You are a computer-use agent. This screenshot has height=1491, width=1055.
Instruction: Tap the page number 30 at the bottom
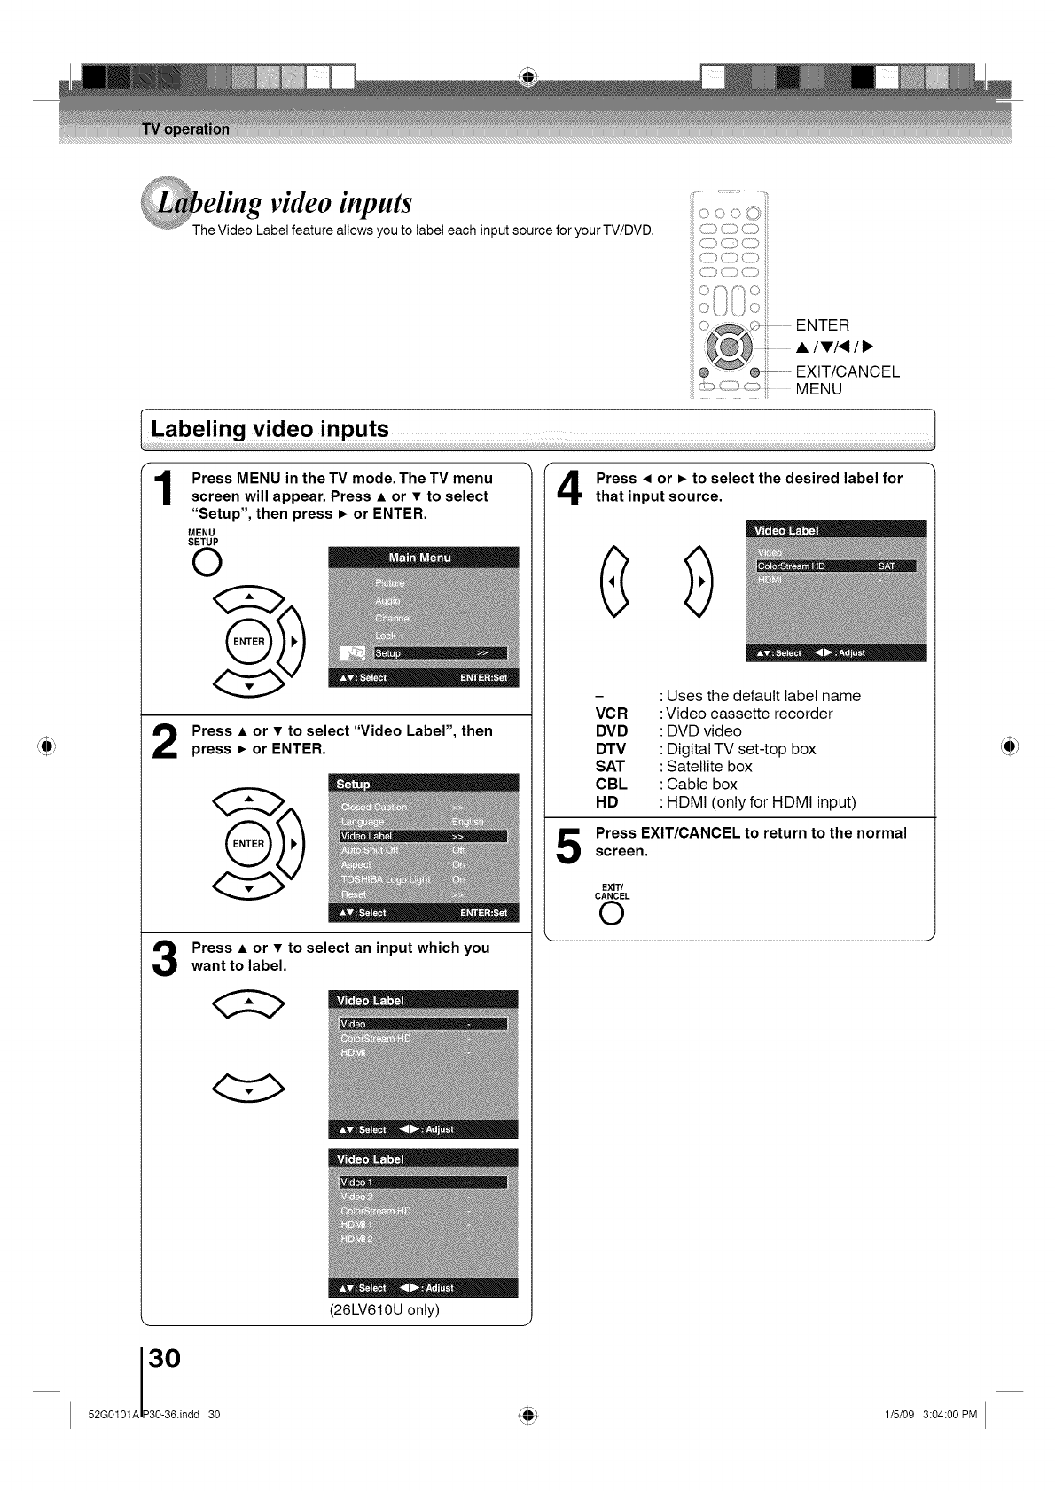pos(165,1357)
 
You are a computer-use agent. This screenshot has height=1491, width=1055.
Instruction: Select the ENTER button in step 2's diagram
pos(249,843)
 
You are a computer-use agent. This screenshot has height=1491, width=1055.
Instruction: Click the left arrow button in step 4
pos(614,582)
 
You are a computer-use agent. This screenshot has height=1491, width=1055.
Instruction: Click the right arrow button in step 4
pos(699,582)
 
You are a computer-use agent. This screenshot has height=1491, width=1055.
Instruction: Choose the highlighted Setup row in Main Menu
pos(441,653)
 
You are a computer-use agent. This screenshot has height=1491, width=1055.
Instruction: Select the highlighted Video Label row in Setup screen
pos(423,836)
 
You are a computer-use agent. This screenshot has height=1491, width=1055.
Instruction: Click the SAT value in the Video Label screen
pos(886,566)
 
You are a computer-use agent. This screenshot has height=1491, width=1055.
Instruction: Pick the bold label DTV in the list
pos(611,749)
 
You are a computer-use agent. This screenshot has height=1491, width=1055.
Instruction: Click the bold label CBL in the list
pos(611,785)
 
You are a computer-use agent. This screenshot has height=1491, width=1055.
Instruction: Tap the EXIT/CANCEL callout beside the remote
pos(847,371)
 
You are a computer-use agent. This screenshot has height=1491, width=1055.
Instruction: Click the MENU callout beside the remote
pos(818,389)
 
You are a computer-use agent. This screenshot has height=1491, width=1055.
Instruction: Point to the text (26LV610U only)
pos(384,1309)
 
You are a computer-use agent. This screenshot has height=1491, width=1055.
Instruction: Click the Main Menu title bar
pos(422,558)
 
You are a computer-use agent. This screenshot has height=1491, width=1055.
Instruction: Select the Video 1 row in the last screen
pos(423,1183)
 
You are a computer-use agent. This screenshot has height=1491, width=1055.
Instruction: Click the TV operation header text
pos(184,129)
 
